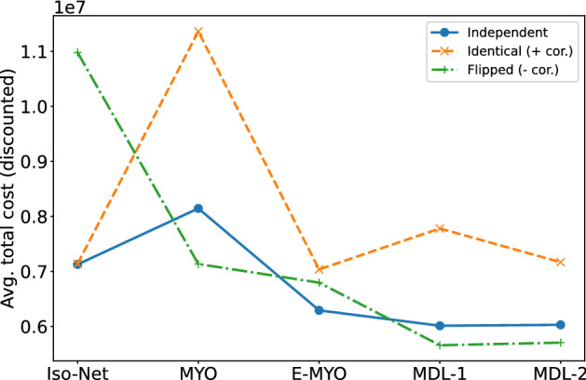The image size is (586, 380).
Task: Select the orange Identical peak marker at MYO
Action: pos(198,32)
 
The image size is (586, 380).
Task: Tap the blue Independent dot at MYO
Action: pos(198,208)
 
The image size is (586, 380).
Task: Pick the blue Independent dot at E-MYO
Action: pos(320,310)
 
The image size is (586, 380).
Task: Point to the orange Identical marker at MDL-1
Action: pos(440,228)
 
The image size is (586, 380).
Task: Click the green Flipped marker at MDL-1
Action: pos(440,345)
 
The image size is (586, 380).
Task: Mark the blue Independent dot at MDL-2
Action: pos(561,325)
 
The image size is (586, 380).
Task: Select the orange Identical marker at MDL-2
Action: pos(561,262)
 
